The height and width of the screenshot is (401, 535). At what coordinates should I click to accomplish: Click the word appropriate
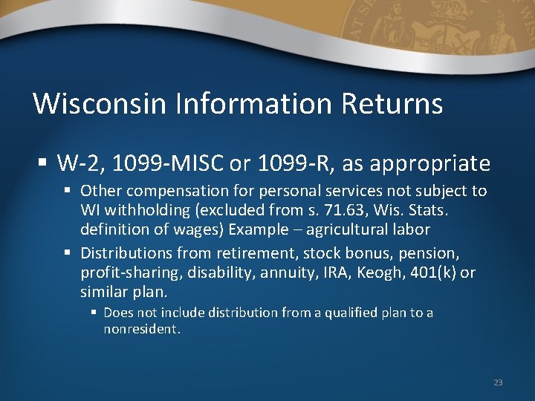(x=436, y=163)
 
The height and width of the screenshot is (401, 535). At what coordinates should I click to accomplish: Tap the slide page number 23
(x=498, y=382)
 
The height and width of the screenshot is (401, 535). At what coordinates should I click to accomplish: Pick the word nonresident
(x=141, y=329)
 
